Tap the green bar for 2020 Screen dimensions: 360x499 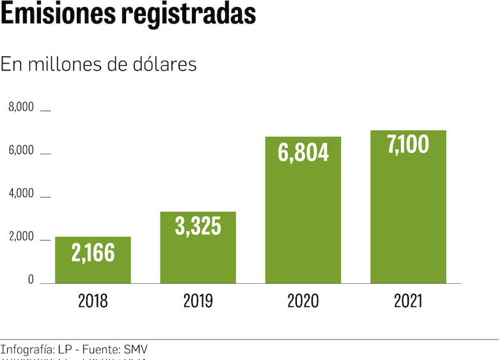303,217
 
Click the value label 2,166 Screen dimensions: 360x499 93,253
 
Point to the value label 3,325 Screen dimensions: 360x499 198,226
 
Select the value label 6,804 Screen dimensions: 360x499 303,152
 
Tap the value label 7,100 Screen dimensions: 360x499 408,145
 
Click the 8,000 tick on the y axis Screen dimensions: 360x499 20,107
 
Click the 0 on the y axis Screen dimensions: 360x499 30,280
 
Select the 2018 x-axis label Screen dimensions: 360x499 93,301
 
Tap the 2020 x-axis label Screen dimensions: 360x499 303,301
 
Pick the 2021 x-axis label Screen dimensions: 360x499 408,301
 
